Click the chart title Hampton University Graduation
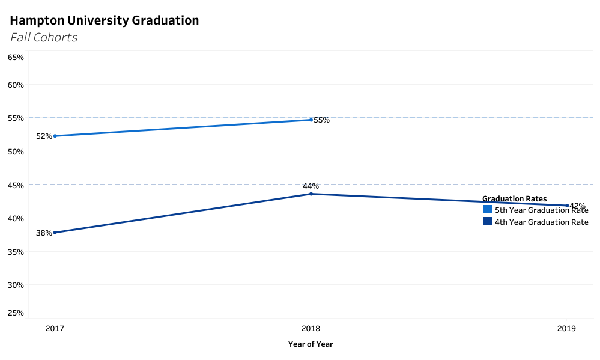[x=104, y=20]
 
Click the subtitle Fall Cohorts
[x=44, y=37]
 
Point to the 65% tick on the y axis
[x=16, y=58]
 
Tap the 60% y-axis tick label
[x=16, y=85]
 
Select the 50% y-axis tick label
[x=16, y=151]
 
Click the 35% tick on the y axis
[x=16, y=252]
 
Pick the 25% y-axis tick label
[x=16, y=313]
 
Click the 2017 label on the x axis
[x=55, y=329]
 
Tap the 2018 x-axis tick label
[x=311, y=329]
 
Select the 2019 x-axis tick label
[x=566, y=329]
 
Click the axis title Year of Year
[x=311, y=344]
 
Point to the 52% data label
[x=44, y=136]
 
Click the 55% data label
[x=322, y=120]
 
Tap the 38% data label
[x=44, y=233]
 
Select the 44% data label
[x=311, y=186]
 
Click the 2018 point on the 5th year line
[x=311, y=120]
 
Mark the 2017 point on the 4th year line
[x=55, y=233]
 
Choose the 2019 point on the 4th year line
[x=567, y=206]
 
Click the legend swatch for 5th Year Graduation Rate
[x=488, y=210]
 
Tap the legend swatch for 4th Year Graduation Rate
[x=488, y=222]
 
